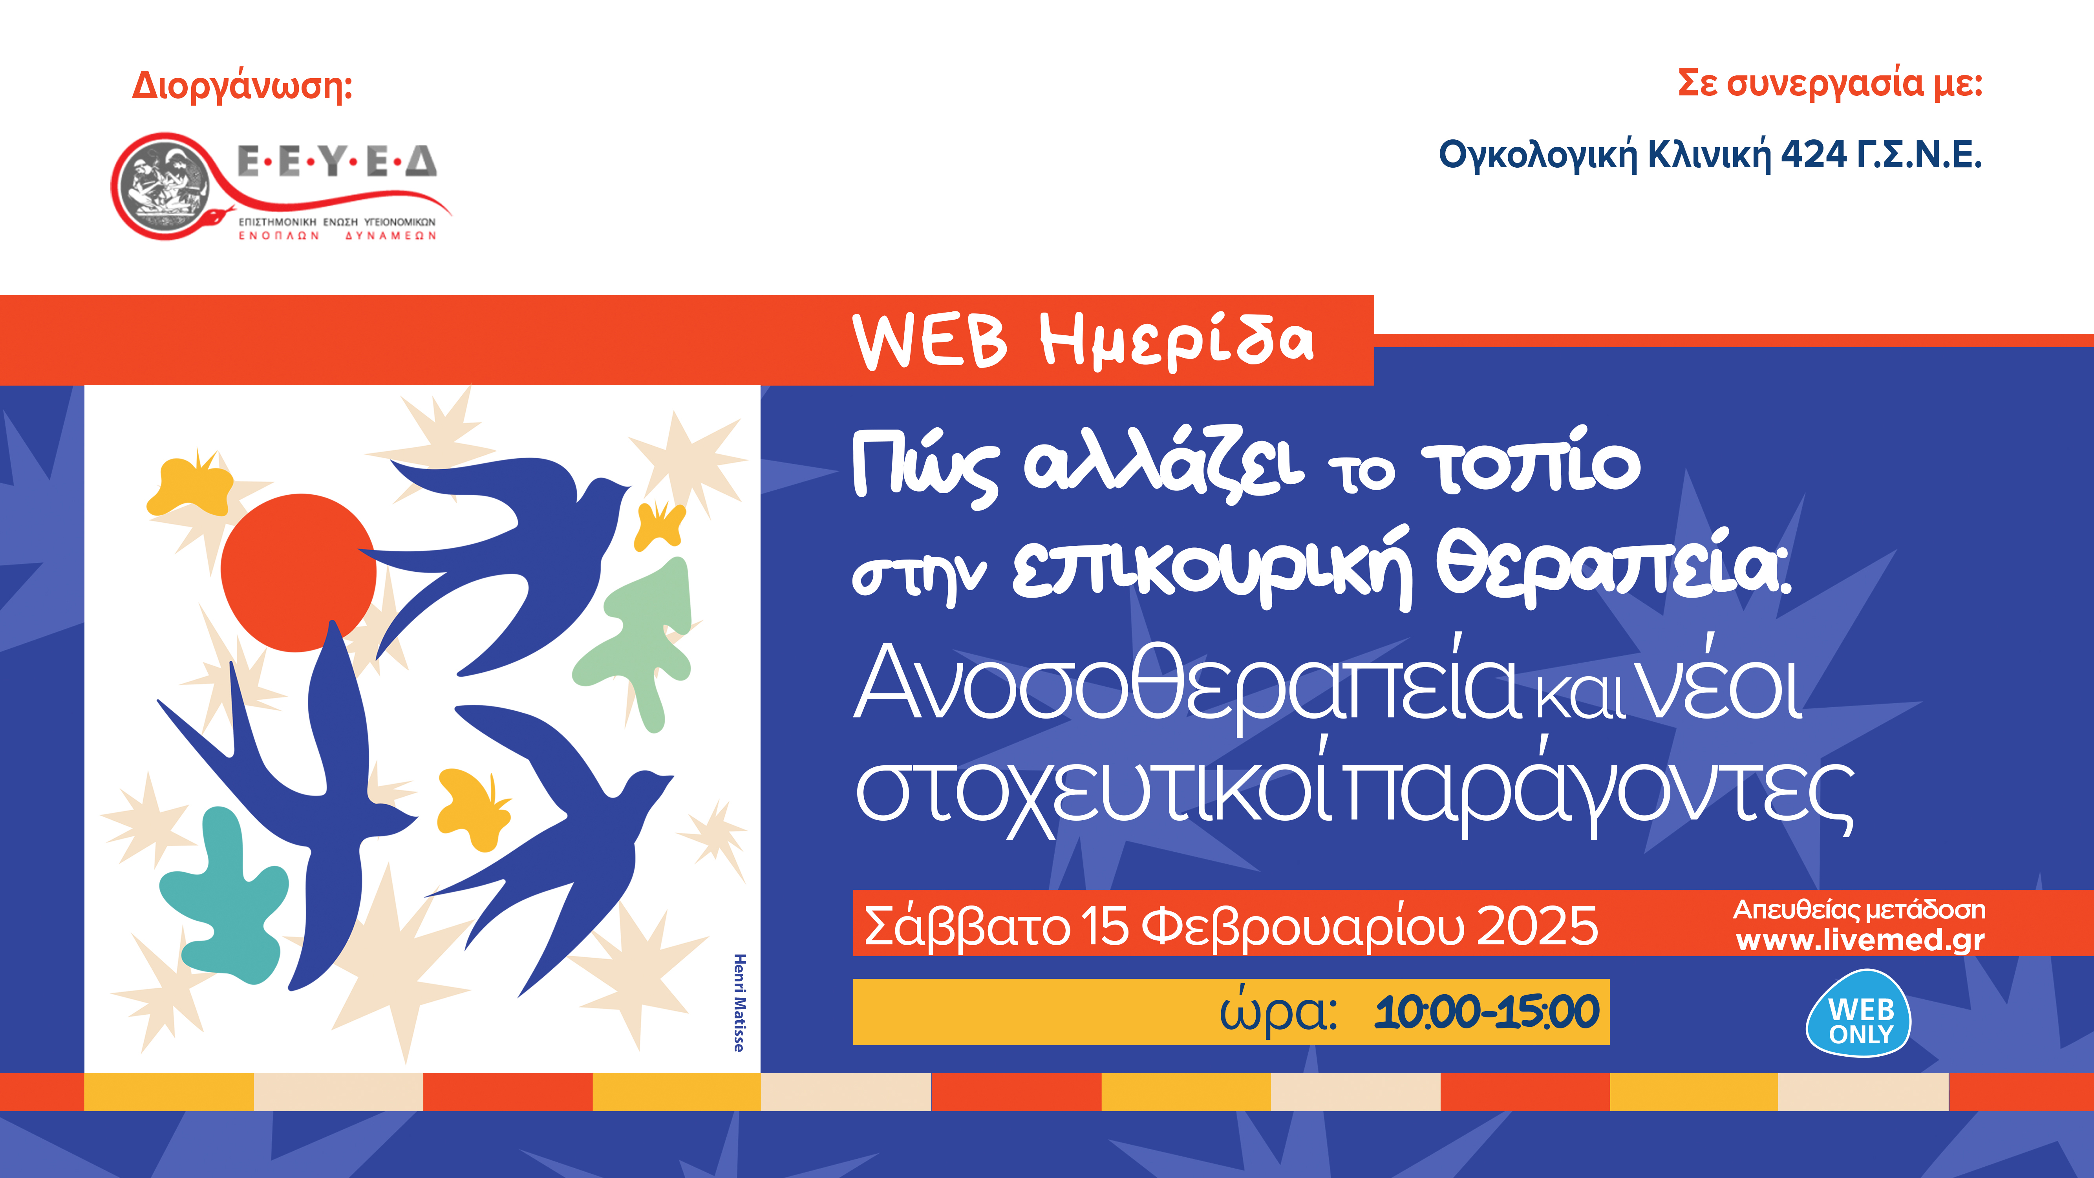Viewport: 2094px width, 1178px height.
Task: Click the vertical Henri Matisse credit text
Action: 739,1002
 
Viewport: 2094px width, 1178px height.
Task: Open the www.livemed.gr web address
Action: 1860,940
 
